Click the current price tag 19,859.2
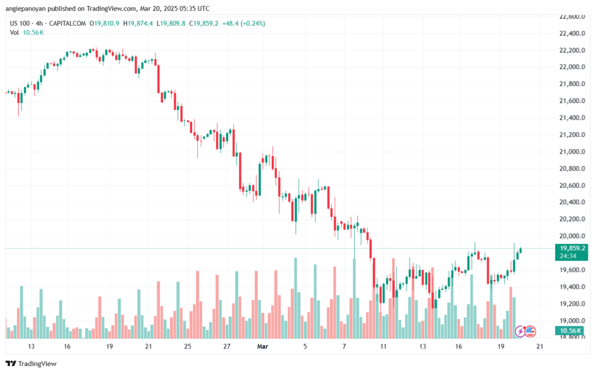pyautogui.click(x=571, y=248)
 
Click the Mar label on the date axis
pyautogui.click(x=262, y=346)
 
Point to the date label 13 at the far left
pyautogui.click(x=31, y=346)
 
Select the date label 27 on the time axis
pyautogui.click(x=227, y=346)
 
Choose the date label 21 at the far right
pyautogui.click(x=540, y=346)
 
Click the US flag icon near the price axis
pyautogui.click(x=530, y=331)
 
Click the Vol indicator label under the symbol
pyautogui.click(x=14, y=32)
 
